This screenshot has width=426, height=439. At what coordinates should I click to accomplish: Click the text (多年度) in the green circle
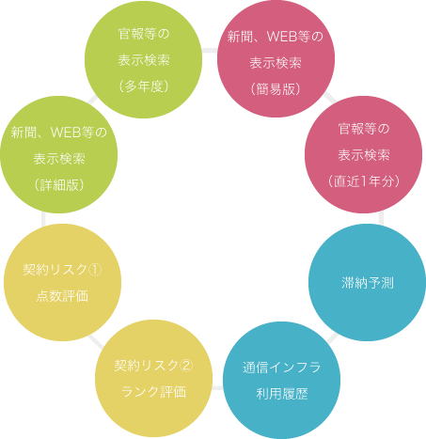[x=144, y=86]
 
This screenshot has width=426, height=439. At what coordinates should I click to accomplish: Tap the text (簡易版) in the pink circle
[x=276, y=89]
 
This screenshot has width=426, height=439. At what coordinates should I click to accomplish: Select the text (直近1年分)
[x=364, y=181]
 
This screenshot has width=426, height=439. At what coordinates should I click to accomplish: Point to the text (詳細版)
[x=59, y=184]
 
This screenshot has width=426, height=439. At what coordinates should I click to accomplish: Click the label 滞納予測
[x=368, y=283]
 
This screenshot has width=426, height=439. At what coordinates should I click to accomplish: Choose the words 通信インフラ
[x=281, y=368]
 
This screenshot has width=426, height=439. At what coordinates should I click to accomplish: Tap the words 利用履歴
[x=282, y=394]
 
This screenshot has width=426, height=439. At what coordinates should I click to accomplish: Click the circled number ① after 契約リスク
[x=95, y=270]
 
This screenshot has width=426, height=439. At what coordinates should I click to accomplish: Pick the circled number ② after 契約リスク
[x=186, y=366]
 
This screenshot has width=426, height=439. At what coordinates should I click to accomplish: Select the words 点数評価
[x=62, y=296]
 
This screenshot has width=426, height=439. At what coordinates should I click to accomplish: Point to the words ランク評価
[x=153, y=392]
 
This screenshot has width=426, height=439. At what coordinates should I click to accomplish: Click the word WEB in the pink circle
[x=282, y=37]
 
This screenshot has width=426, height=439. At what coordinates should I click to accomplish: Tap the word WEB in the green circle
[x=66, y=133]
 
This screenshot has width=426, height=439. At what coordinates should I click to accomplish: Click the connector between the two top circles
[x=210, y=51]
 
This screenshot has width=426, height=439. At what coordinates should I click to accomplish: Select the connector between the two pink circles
[x=330, y=97]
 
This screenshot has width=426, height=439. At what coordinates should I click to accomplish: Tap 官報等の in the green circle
[x=144, y=34]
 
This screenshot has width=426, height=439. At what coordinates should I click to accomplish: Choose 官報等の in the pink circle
[x=364, y=129]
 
